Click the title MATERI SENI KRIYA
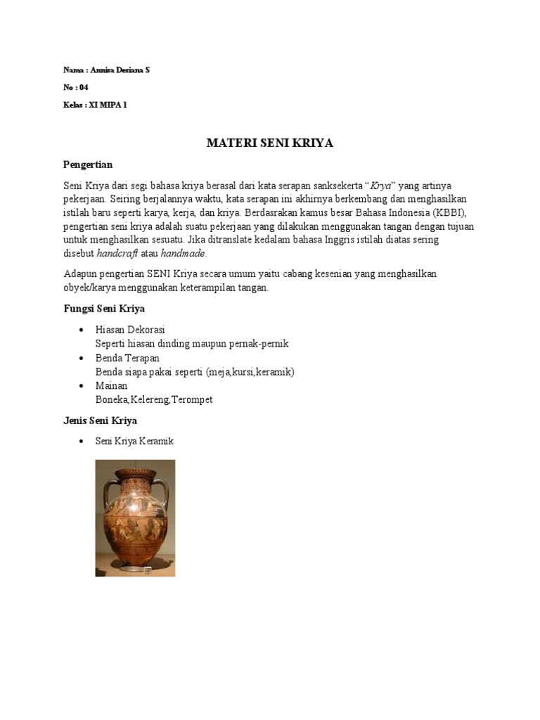pos(269,143)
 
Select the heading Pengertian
pos(88,165)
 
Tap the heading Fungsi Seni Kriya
pos(104,309)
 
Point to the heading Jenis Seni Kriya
pos(100,420)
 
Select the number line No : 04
pos(76,88)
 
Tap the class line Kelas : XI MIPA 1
pos(96,105)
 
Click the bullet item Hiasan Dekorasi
pos(130,330)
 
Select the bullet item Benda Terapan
pos(127,358)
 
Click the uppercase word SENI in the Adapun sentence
pos(158,274)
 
